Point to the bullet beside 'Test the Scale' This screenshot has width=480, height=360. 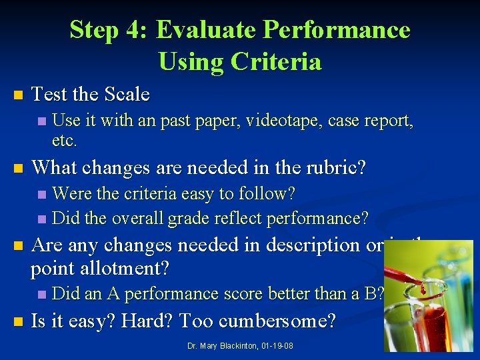pyautogui.click(x=18, y=95)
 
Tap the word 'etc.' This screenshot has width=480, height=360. pyautogui.click(x=65, y=141)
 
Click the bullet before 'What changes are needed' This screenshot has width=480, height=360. pyautogui.click(x=18, y=167)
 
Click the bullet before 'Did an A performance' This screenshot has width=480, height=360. pyautogui.click(x=43, y=294)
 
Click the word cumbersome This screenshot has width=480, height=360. pyautogui.click(x=279, y=322)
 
